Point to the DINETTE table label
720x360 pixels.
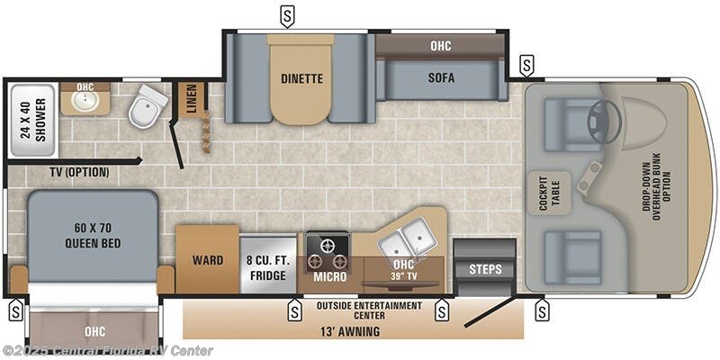[301, 78]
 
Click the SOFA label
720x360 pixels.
[441, 78]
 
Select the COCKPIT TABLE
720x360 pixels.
[549, 193]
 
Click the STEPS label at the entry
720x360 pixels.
[485, 269]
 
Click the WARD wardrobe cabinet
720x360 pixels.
[208, 259]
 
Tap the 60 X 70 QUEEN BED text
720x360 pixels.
[93, 236]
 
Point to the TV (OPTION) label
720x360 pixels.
[79, 173]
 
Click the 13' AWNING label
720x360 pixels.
[350, 331]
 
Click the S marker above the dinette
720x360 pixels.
[287, 17]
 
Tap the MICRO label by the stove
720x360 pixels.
[329, 277]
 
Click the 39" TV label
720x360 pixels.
[403, 277]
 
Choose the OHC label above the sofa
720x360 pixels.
[441, 46]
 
